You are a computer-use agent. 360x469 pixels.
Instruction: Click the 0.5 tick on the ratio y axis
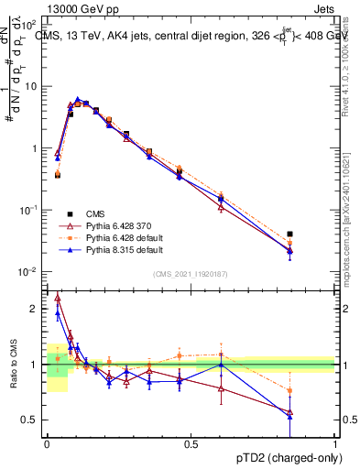[31, 420]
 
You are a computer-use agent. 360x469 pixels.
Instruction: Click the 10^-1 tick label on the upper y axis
[28, 210]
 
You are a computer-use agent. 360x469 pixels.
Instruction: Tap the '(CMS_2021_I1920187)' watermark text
[190, 274]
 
